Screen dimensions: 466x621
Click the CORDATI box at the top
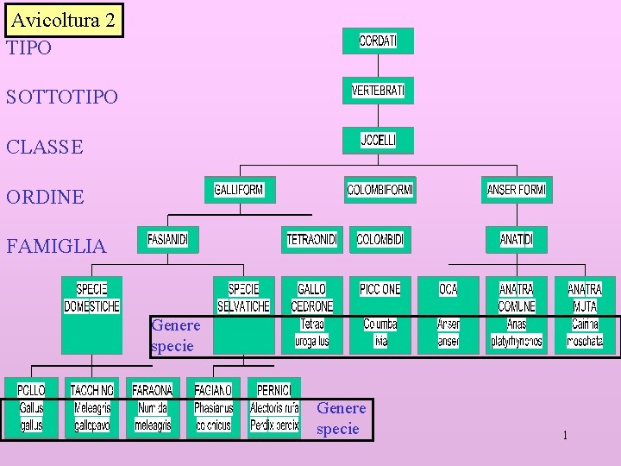pos(378,41)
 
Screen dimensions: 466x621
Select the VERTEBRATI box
pos(378,90)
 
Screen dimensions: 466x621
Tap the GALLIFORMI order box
pos(239,189)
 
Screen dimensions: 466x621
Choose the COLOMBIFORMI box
pos(379,189)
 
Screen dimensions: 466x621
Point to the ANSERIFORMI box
pos(517,189)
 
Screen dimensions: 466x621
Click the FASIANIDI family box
pos(167,239)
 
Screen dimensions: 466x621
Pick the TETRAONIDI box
pos(312,239)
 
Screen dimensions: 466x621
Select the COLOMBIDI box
pos(379,239)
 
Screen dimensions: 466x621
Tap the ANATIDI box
pos(517,239)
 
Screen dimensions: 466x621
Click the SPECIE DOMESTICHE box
pos(91,314)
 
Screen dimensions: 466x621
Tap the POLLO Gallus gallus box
pos(32,407)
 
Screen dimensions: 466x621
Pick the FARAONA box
pos(153,407)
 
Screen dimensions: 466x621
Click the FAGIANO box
pos(213,407)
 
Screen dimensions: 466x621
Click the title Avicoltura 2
pos(63,21)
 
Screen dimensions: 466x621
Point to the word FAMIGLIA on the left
pos(56,246)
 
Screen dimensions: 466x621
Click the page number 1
pos(565,435)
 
